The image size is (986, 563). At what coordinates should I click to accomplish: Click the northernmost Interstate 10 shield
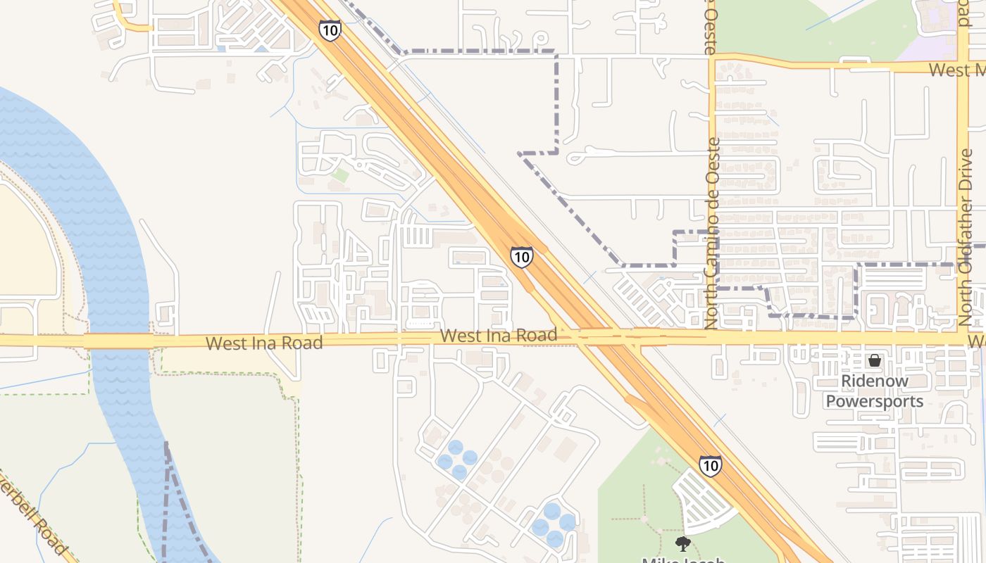[330, 30]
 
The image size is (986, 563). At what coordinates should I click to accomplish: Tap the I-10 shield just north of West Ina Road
[521, 257]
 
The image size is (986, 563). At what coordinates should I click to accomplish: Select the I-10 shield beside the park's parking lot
[710, 465]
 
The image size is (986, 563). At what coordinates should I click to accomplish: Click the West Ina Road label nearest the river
[264, 343]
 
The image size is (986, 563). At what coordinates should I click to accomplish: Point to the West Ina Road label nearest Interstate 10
[499, 336]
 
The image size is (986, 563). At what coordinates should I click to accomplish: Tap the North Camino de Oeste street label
[711, 232]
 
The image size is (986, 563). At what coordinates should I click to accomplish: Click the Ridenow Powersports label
[874, 391]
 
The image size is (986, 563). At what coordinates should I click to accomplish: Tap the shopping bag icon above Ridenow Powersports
[874, 360]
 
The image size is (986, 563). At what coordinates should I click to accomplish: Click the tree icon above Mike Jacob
[682, 543]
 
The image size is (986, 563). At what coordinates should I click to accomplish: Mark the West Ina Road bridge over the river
[118, 341]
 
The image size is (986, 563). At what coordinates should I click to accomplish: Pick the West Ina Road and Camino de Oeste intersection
[711, 338]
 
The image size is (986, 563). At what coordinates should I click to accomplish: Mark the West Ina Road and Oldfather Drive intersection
[963, 339]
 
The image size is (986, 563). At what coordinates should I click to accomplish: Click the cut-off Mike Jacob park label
[683, 559]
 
